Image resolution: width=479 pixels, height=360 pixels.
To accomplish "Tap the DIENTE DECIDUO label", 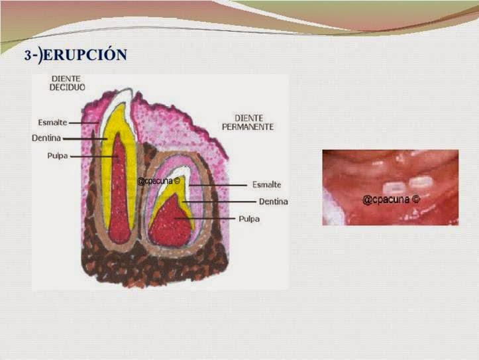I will pyautogui.click(x=67, y=82).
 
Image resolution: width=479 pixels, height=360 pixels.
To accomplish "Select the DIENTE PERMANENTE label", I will pyautogui.click(x=244, y=122).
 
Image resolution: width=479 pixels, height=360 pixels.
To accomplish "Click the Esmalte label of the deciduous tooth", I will pyautogui.click(x=52, y=123).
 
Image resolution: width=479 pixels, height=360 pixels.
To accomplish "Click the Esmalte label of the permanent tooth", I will pyautogui.click(x=267, y=185).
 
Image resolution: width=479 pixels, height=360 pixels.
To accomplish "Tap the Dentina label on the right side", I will pyautogui.click(x=273, y=202).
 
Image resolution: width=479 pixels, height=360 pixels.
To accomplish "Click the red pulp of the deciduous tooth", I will pyautogui.click(x=119, y=192).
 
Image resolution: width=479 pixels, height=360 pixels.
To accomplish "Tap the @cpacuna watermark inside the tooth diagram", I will pyautogui.click(x=158, y=180).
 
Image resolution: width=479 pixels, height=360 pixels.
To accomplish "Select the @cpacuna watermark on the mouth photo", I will pyautogui.click(x=392, y=199).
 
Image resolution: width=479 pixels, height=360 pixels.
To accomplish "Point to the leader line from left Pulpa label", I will pyautogui.click(x=93, y=156).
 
